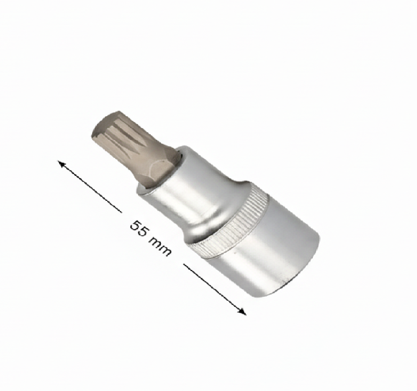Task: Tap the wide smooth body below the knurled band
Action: point(272,252)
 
